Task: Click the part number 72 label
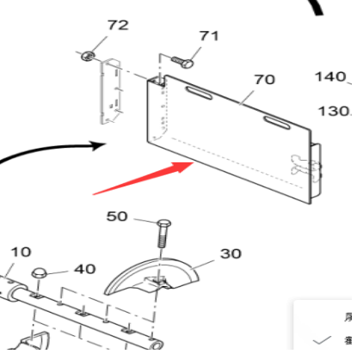point(117,25)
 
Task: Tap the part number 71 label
point(209,36)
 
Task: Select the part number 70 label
point(264,80)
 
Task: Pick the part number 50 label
point(117,216)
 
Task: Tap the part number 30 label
point(231,253)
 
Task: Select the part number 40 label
point(84,269)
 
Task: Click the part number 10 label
point(21,252)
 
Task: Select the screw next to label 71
point(181,61)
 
